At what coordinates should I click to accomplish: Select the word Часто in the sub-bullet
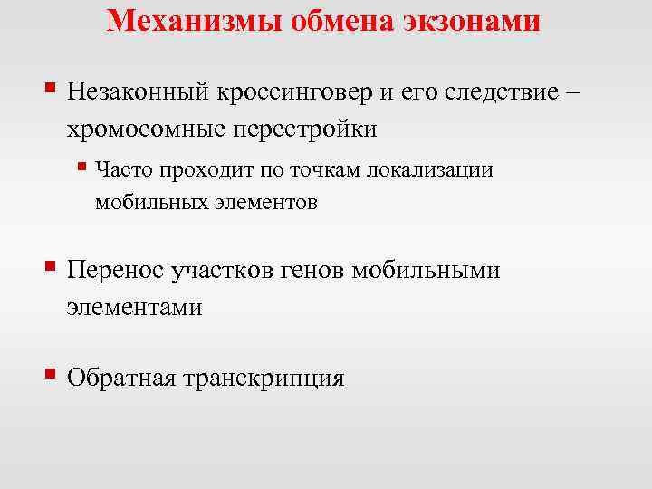(121, 168)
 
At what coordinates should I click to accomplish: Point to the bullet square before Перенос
(51, 265)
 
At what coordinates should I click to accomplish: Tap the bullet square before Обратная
(51, 371)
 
